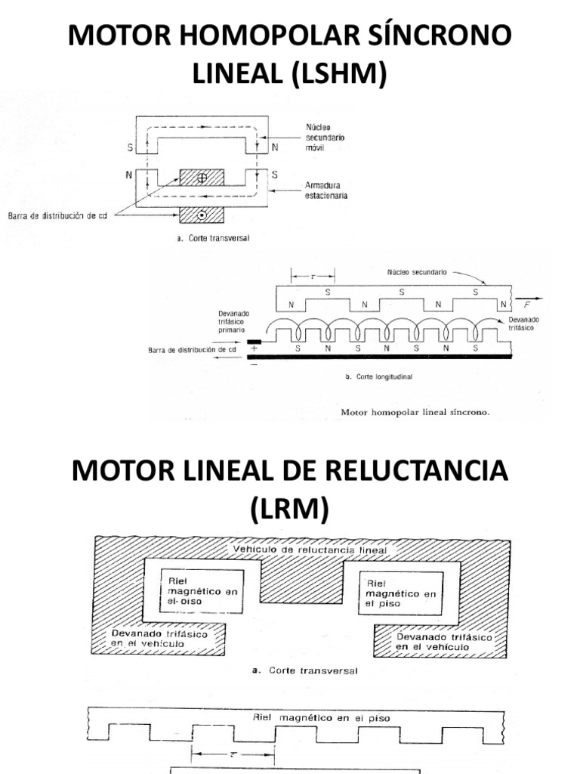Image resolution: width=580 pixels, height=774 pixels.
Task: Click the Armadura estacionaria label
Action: [x=326, y=190]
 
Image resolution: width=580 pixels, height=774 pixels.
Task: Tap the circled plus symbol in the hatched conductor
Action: [x=202, y=178]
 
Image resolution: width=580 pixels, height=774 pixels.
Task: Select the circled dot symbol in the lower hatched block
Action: [x=202, y=215]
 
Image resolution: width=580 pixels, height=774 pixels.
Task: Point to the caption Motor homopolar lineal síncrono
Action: [x=416, y=413]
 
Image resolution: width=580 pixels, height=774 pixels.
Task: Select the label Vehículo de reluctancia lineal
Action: [x=310, y=550]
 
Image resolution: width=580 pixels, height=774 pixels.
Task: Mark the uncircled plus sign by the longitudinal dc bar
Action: [x=254, y=348]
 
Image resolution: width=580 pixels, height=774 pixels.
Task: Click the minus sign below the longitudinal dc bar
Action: [x=254, y=364]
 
